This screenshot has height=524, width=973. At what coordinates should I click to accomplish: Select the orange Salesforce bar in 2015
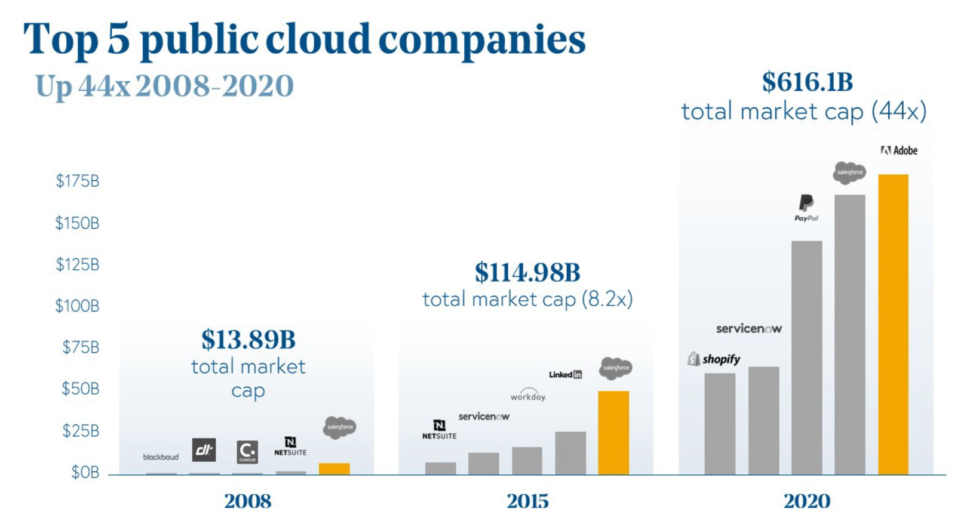(x=613, y=433)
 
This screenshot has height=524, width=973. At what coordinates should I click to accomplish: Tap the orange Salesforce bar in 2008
(x=334, y=468)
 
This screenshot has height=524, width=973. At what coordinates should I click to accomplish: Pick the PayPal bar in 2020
(x=806, y=357)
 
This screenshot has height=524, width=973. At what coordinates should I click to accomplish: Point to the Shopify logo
(x=714, y=359)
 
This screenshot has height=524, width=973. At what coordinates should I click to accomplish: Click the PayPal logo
(x=806, y=208)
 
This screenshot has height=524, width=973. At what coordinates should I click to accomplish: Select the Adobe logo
(x=899, y=150)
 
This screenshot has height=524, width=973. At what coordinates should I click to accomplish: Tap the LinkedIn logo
(x=565, y=375)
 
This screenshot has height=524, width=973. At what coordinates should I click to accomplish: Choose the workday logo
(x=528, y=395)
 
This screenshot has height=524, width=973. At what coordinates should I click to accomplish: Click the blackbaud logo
(x=161, y=457)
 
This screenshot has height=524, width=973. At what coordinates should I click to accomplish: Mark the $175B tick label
(x=78, y=181)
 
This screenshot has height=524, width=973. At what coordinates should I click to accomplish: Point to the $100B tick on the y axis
(x=77, y=306)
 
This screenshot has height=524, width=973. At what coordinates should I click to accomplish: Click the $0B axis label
(x=85, y=473)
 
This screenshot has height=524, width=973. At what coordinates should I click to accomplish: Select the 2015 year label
(x=527, y=501)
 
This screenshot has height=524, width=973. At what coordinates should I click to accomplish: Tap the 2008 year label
(x=247, y=501)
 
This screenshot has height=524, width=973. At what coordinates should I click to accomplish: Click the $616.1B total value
(x=807, y=82)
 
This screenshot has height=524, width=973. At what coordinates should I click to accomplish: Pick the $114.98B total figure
(x=527, y=273)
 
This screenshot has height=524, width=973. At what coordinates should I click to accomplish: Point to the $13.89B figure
(x=248, y=340)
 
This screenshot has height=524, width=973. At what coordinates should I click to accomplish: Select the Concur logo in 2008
(x=247, y=452)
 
